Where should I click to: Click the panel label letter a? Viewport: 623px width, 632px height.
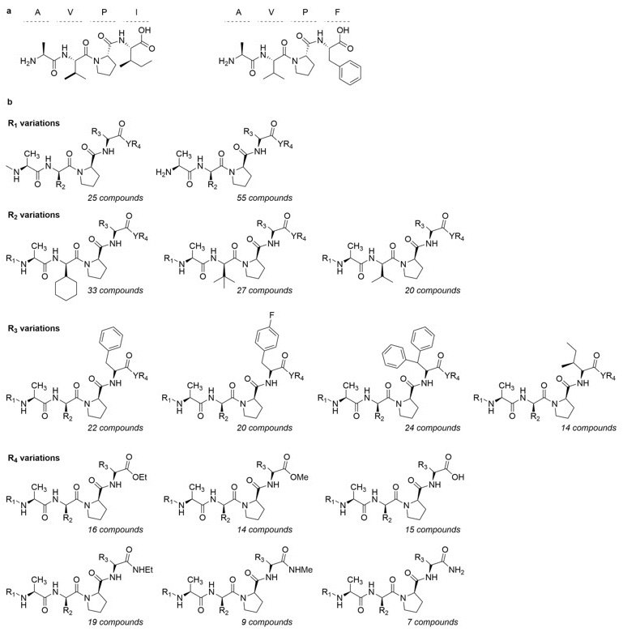[x=9, y=7]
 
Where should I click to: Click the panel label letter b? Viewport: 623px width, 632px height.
[x=9, y=103]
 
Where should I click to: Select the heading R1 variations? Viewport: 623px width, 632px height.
[x=39, y=121]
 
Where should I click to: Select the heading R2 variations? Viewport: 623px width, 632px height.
[x=39, y=215]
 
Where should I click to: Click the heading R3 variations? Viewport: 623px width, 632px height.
[x=39, y=328]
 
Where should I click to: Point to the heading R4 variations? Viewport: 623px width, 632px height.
[x=39, y=458]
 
